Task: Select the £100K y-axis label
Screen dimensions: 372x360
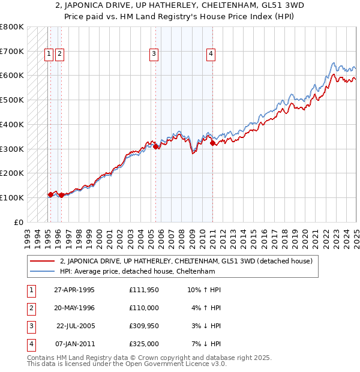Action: (12, 197)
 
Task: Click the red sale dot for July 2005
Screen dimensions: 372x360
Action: (156, 146)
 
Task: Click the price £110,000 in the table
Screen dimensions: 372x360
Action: (144, 308)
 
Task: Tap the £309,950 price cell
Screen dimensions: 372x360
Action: (144, 326)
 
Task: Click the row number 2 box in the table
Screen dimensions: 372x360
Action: (30, 308)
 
